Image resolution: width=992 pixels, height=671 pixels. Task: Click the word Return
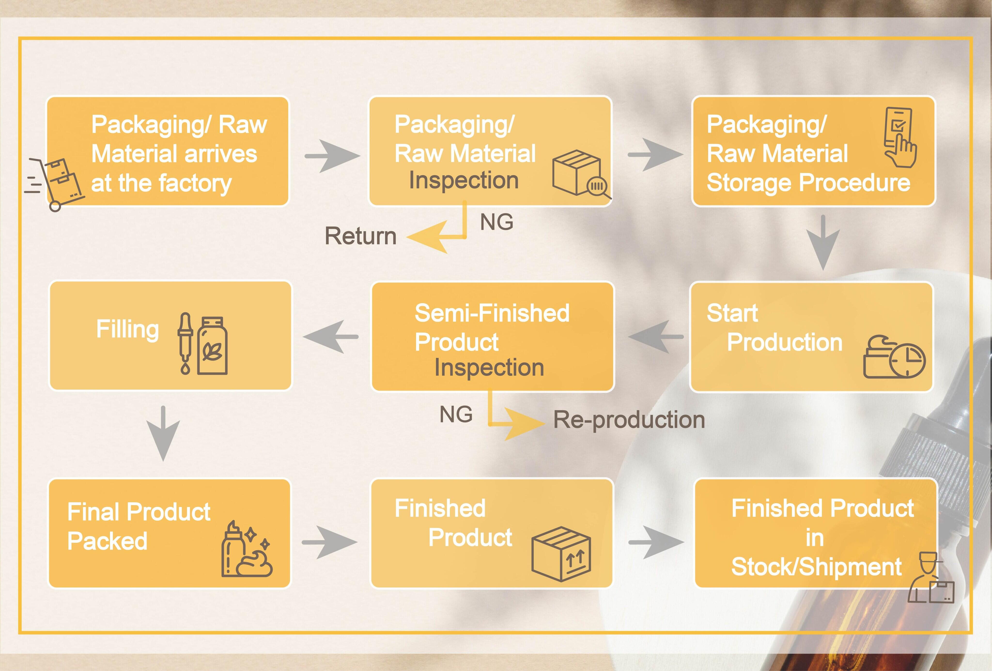pyautogui.click(x=361, y=236)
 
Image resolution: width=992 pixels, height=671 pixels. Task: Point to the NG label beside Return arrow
pyautogui.click(x=496, y=222)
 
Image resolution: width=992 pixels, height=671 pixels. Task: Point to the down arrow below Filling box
pyautogui.click(x=163, y=433)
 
